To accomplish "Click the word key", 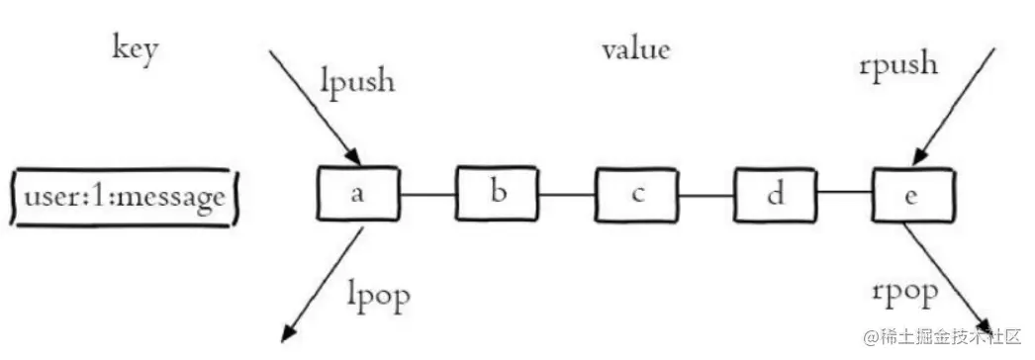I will point(135,50).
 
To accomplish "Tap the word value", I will point(635,48).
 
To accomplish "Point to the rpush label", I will point(898,67).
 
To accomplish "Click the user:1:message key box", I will point(126,197).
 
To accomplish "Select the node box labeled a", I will point(357,194).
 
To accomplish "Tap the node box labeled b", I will point(499,193).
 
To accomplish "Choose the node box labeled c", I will point(635,194).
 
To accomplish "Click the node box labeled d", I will point(774,194).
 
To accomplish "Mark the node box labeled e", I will point(912,194).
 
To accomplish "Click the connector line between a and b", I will point(427,194).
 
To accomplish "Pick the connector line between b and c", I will point(567,194).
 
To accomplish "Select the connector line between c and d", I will point(705,195).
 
